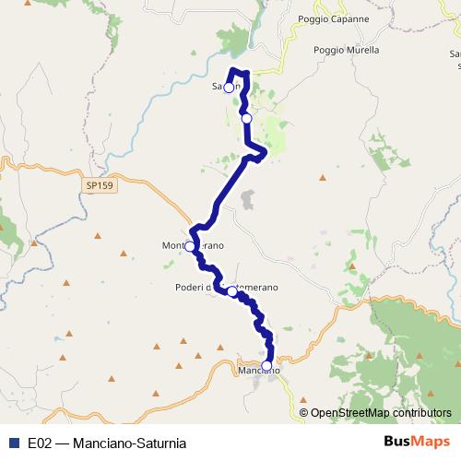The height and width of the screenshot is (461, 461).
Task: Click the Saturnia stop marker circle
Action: tap(229, 89)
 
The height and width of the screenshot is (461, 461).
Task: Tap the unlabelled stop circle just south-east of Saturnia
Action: tap(246, 118)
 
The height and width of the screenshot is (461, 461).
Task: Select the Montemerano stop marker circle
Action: tap(190, 246)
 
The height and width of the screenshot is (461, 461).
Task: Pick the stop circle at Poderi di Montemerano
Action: tap(232, 290)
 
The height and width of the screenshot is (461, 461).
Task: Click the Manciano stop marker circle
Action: tap(267, 366)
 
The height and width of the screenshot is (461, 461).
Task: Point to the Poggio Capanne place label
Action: tap(333, 19)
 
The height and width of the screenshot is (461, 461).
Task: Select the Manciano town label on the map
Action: tap(258, 372)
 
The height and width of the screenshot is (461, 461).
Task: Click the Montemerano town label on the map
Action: tap(193, 245)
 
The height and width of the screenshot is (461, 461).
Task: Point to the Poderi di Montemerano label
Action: tap(226, 288)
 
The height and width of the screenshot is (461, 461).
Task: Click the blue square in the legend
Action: tap(14, 443)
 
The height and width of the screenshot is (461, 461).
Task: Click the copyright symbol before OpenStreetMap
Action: tap(304, 413)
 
